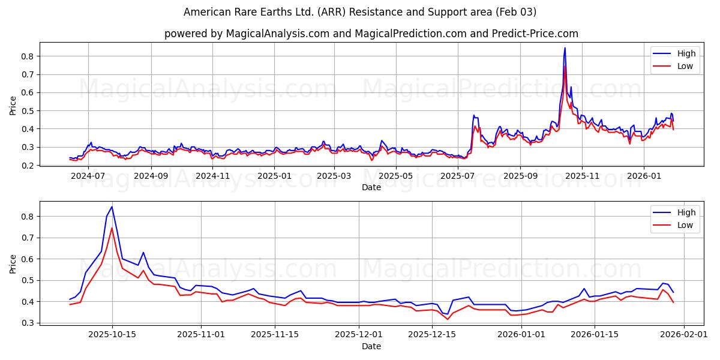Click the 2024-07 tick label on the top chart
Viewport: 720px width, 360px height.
click(x=89, y=176)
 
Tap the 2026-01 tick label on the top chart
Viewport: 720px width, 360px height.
click(x=644, y=176)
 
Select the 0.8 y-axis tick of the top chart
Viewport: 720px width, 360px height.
click(x=28, y=56)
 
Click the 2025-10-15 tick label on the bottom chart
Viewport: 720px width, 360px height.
click(x=112, y=334)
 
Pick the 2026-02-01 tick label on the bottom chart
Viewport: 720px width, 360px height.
click(x=683, y=334)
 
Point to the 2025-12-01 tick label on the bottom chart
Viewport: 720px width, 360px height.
click(x=359, y=334)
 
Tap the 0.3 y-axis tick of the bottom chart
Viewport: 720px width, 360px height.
click(x=28, y=323)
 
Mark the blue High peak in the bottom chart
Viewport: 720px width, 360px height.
click(x=112, y=207)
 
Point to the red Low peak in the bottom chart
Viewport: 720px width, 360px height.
click(x=112, y=228)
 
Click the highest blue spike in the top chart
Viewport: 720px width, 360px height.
click(x=565, y=48)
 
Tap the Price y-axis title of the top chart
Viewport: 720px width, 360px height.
click(x=13, y=106)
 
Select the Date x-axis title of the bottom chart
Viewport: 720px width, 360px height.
click(x=371, y=346)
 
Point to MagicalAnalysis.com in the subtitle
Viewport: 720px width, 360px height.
click(x=277, y=34)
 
